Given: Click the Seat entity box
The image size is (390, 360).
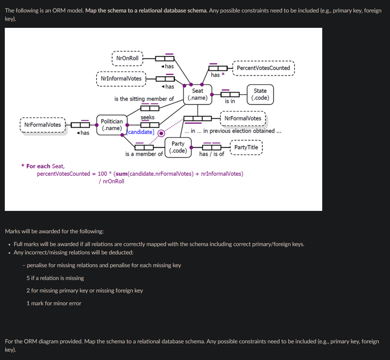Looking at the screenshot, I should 198,94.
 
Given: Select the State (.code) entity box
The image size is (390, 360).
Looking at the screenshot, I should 260,94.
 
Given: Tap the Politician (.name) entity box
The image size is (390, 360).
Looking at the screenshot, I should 112,125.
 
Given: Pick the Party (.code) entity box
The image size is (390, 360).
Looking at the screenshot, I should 178,147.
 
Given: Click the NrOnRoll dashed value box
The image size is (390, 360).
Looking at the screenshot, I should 127,58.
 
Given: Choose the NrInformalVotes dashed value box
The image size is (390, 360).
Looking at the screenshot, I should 121,79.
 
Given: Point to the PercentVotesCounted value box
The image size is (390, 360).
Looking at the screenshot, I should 263,68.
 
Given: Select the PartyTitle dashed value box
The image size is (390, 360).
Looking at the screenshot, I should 246,148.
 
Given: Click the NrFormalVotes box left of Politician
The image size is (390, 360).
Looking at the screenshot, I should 43,125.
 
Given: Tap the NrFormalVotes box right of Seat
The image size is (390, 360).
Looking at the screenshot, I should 243,118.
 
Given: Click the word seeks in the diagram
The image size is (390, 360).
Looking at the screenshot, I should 147,117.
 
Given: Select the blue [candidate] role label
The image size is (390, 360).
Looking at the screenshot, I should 141,132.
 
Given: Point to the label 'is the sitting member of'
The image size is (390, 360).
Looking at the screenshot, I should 144,99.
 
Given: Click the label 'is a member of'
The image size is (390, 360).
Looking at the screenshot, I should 144,154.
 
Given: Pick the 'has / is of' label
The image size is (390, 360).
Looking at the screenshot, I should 212,154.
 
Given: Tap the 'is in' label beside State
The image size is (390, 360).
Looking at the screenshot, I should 230,101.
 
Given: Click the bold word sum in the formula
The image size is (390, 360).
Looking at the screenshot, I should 121,174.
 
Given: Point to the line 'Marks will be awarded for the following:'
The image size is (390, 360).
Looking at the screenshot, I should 54,231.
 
